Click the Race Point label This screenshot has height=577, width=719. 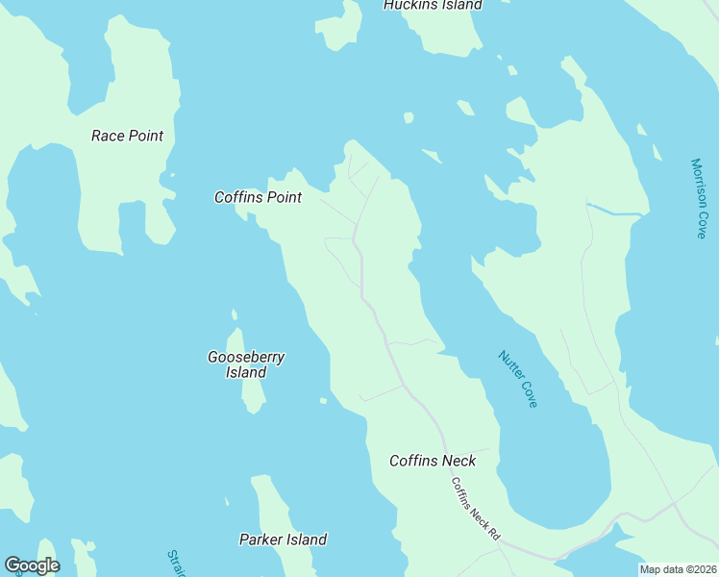pyautogui.click(x=127, y=136)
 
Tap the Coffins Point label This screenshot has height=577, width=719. pyautogui.click(x=258, y=197)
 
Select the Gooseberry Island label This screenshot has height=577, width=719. pyautogui.click(x=246, y=364)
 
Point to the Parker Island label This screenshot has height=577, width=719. pyautogui.click(x=283, y=539)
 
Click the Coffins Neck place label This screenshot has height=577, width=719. pyautogui.click(x=433, y=461)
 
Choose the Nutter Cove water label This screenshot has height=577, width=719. pyautogui.click(x=518, y=379)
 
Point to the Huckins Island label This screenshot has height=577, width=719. pyautogui.click(x=433, y=5)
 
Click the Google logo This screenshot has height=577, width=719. pyautogui.click(x=32, y=565)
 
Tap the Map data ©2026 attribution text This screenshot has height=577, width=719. pyautogui.click(x=679, y=569)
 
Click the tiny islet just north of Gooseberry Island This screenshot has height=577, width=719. pyautogui.click(x=234, y=314)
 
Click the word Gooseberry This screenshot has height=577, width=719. pyautogui.click(x=246, y=357)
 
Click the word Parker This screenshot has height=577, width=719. pyautogui.click(x=261, y=539)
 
